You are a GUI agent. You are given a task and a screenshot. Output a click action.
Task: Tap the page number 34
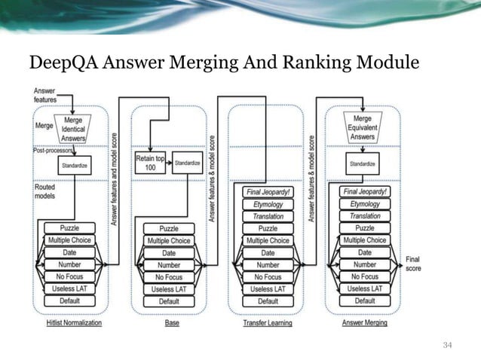click(x=448, y=345)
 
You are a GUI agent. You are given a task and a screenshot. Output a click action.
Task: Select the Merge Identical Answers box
click(x=73, y=128)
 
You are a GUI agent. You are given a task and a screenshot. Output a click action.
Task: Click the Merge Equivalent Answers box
click(x=363, y=127)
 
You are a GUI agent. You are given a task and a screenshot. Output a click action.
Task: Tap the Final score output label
click(x=413, y=264)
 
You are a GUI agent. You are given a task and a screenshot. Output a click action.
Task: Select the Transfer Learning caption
click(x=267, y=322)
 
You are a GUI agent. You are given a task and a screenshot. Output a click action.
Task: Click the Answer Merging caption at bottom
click(x=365, y=322)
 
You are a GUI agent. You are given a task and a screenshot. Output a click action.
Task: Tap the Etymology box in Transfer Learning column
click(x=268, y=204)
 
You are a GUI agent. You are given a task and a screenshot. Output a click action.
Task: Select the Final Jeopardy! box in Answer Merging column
click(x=365, y=192)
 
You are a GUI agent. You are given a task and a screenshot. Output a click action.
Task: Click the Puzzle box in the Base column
click(x=169, y=228)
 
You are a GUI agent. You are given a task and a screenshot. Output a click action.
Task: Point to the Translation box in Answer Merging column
click(x=365, y=216)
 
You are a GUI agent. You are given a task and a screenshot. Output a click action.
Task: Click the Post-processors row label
click(x=52, y=151)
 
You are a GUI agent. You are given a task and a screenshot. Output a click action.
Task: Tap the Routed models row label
click(x=44, y=191)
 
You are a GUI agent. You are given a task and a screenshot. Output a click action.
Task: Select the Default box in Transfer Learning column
click(x=268, y=301)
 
